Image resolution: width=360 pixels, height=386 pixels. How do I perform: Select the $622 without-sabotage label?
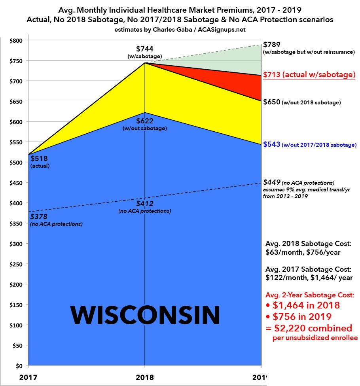145,121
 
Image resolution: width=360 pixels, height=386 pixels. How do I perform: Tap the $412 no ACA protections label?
145,204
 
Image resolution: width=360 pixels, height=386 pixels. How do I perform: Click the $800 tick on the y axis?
16,40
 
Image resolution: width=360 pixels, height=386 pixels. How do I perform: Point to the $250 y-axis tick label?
16,264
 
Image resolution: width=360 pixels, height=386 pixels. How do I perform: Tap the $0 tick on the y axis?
18,366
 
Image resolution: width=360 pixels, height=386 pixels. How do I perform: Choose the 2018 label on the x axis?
145,377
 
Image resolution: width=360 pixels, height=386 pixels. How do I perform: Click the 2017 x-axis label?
30,377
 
